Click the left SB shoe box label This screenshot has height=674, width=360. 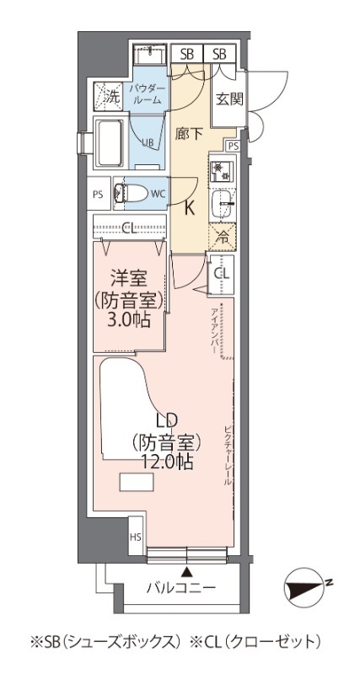(x=186, y=54)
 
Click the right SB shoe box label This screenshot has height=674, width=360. (x=220, y=54)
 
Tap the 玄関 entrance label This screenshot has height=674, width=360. (x=228, y=98)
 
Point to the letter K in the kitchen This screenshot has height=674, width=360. (x=190, y=210)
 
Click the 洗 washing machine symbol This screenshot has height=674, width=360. (x=110, y=95)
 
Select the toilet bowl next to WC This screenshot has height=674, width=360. (x=132, y=193)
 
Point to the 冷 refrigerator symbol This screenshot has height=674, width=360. (x=223, y=237)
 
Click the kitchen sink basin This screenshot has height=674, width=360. (x=223, y=201)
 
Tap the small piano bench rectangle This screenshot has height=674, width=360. (x=137, y=483)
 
